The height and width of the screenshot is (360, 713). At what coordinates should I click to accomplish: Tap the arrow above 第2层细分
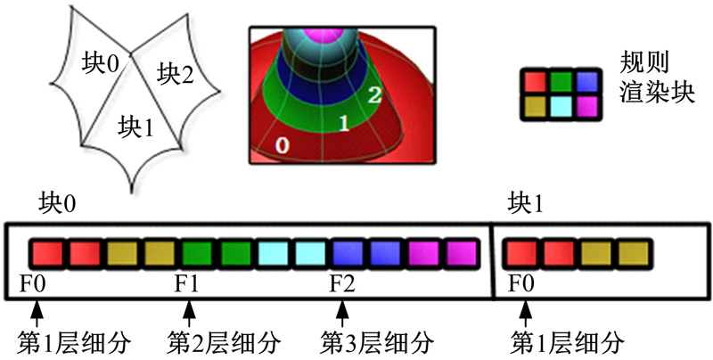(x=188, y=312)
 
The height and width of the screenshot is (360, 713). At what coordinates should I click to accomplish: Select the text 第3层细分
(x=376, y=341)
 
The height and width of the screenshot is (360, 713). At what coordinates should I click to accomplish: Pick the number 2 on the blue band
(x=375, y=94)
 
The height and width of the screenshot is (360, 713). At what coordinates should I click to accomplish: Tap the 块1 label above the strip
(x=525, y=204)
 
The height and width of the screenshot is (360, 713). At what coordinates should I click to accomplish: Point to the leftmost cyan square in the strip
(x=273, y=252)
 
